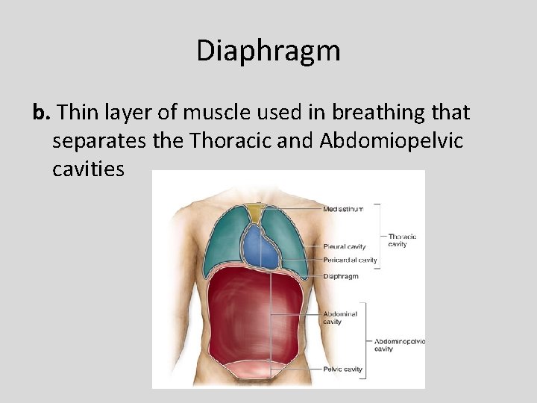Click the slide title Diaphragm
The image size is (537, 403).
click(x=268, y=51)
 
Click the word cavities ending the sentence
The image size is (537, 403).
click(x=89, y=169)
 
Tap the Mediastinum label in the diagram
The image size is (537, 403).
click(x=343, y=209)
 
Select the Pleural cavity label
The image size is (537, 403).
click(x=344, y=246)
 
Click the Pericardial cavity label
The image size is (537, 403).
click(x=350, y=260)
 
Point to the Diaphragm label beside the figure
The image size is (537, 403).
click(x=341, y=276)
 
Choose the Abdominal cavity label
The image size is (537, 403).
click(x=340, y=318)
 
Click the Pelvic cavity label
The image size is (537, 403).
click(x=342, y=369)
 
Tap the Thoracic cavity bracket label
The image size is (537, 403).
click(x=402, y=240)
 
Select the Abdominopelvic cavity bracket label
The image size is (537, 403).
click(x=398, y=345)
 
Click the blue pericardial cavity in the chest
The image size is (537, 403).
click(x=260, y=246)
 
